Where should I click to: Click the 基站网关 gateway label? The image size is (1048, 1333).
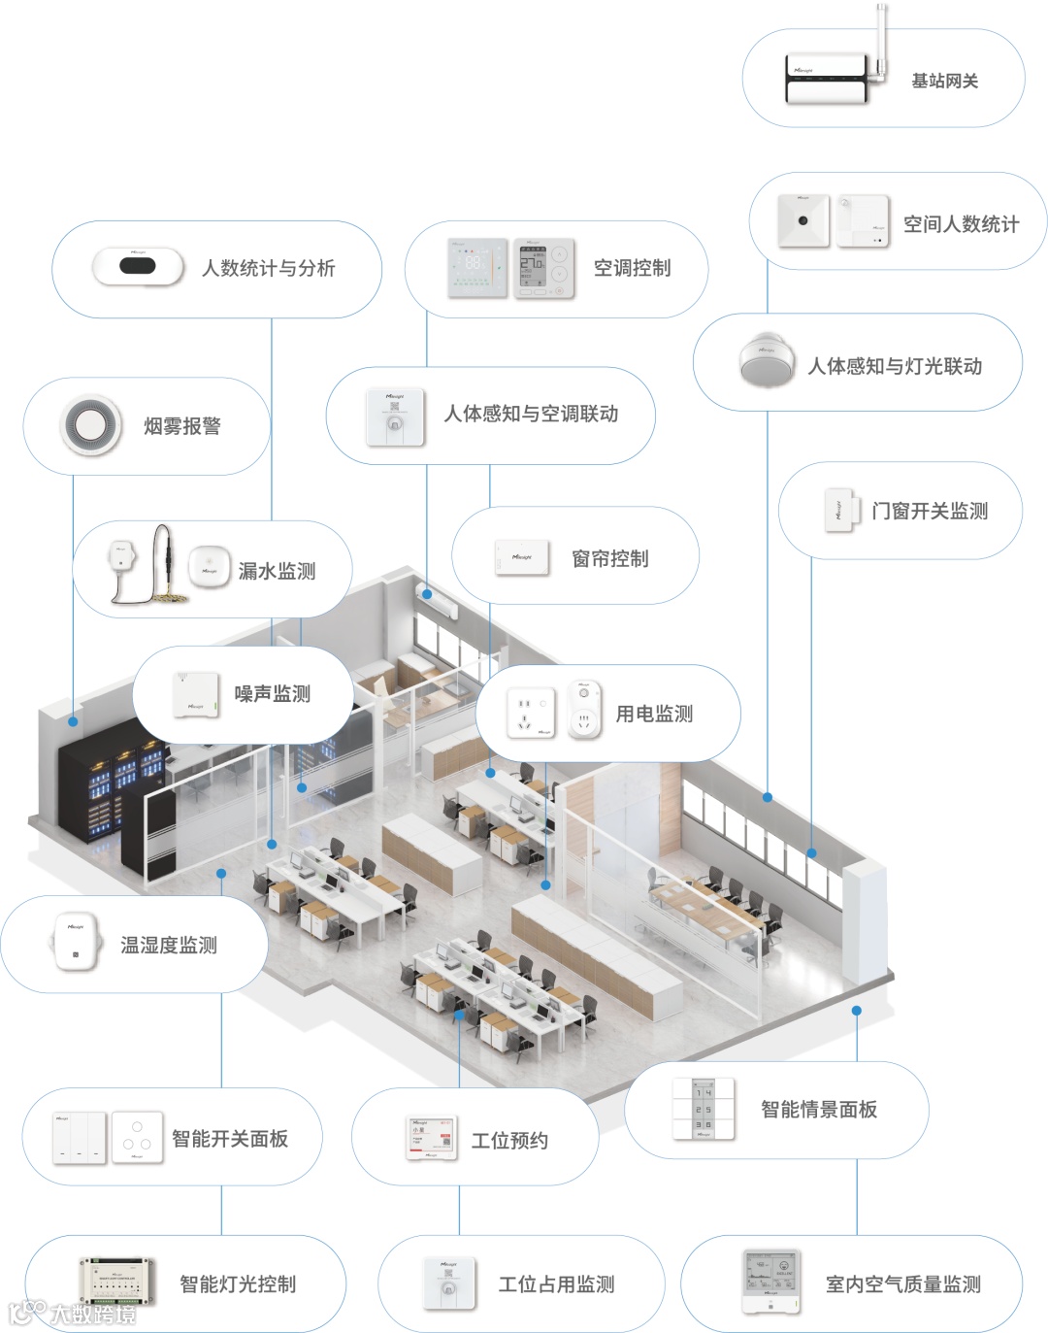944,82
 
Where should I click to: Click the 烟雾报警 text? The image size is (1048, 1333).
182,426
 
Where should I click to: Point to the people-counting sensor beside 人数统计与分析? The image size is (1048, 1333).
139,267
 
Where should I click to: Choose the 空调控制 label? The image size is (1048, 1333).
632,268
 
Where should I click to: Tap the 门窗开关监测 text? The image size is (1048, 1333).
929,511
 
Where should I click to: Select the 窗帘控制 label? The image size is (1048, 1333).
609,558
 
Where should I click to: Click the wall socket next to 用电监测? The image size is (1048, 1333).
530,714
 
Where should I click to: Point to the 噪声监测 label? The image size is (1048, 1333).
272,693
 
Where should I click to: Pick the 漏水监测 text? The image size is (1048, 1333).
277,571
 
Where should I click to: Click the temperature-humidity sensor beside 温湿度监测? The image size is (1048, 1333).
76,942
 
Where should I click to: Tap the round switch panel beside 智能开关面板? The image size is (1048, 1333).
137,1137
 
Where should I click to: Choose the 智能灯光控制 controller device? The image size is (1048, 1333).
117,1283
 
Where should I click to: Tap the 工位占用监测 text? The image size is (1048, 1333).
556,1284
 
